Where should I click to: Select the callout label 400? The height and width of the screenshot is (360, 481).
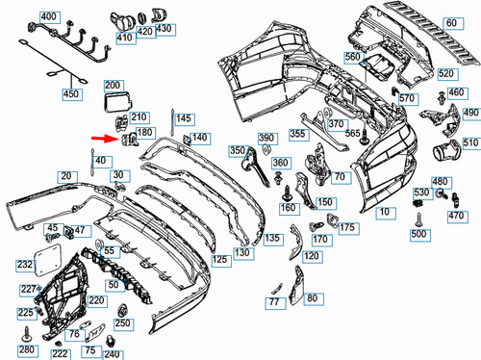point(49,18)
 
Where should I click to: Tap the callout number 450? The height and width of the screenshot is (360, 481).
point(70,94)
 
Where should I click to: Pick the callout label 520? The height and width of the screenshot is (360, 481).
point(446,74)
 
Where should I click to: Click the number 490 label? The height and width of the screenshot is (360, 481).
point(470,113)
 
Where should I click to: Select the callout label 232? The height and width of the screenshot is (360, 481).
point(24,263)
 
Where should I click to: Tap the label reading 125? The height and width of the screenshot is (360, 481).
point(220,260)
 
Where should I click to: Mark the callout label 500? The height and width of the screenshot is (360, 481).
point(418,235)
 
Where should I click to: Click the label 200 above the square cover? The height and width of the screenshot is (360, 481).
point(113,87)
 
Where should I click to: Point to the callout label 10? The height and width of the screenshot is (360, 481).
point(385,210)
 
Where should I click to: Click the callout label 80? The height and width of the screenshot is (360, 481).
point(311,298)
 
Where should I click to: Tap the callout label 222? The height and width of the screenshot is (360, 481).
point(59,354)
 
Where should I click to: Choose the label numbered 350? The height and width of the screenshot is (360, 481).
point(238,151)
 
